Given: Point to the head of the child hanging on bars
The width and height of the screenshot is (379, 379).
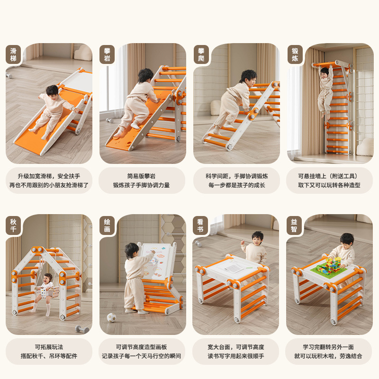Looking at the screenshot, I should pos(325,72).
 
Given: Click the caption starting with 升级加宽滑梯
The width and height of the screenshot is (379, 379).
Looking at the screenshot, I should pos(49,180).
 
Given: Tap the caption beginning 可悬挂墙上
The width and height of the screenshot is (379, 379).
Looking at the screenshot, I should pos(329,180).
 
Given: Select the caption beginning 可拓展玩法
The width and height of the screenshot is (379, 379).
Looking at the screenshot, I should pos(49,351).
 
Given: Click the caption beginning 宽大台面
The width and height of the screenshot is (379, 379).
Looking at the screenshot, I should pos(235,351).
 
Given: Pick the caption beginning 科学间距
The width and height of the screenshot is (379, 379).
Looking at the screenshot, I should pos(235,180).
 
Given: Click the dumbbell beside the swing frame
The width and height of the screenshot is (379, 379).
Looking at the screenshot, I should pos(82,328).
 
